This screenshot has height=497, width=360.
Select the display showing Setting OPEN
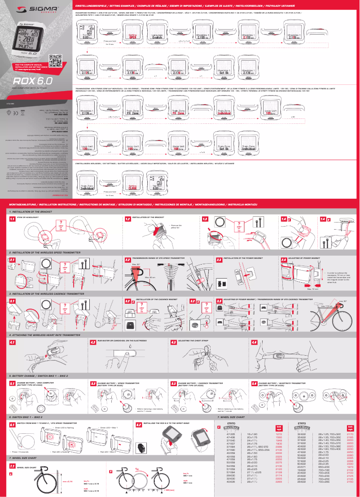tap(132, 35)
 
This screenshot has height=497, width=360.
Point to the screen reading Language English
tap(157, 35)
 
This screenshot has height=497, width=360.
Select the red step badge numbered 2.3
tap(220, 260)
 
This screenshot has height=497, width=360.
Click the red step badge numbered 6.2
tap(139, 423)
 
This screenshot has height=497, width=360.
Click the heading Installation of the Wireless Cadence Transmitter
tap(43, 293)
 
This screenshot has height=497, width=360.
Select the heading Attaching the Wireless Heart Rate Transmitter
tap(44, 335)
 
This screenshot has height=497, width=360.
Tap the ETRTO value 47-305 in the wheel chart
tap(232, 434)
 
